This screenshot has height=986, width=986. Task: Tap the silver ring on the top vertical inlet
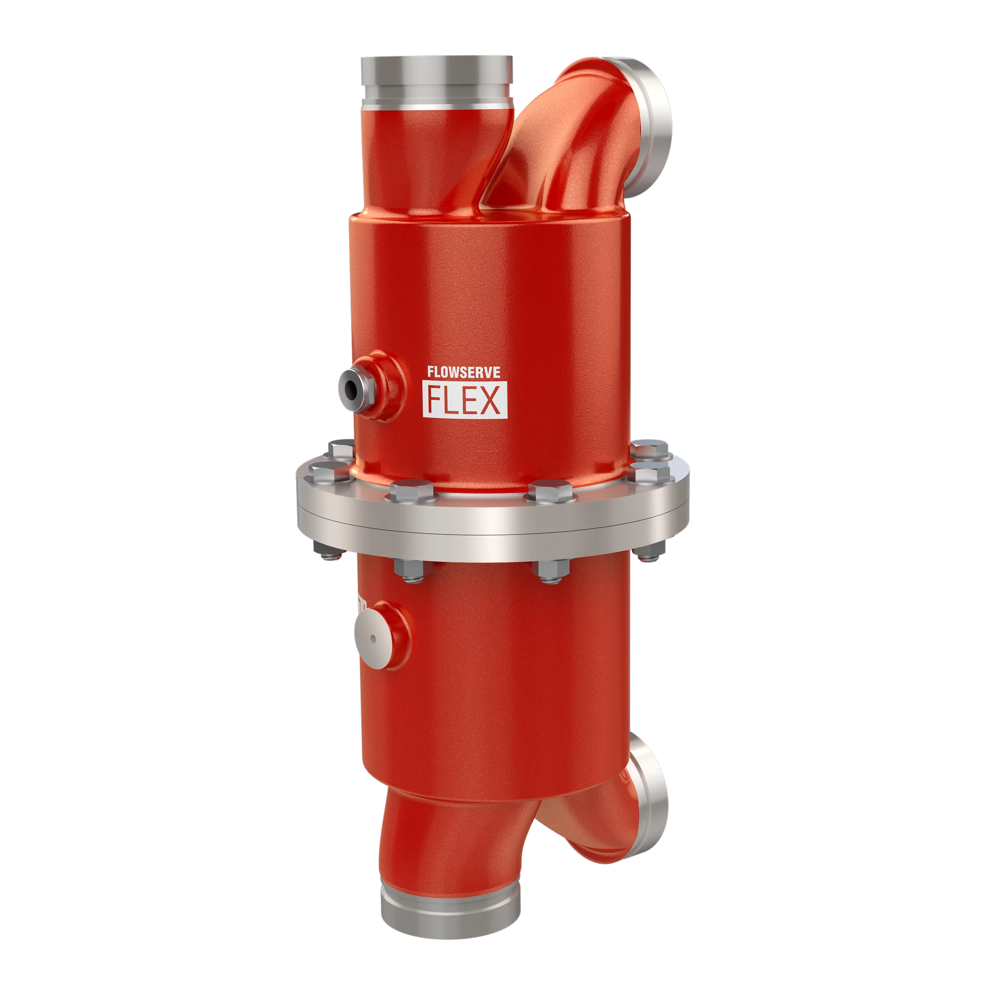point(437,79)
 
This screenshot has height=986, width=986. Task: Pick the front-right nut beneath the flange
point(551,570)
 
